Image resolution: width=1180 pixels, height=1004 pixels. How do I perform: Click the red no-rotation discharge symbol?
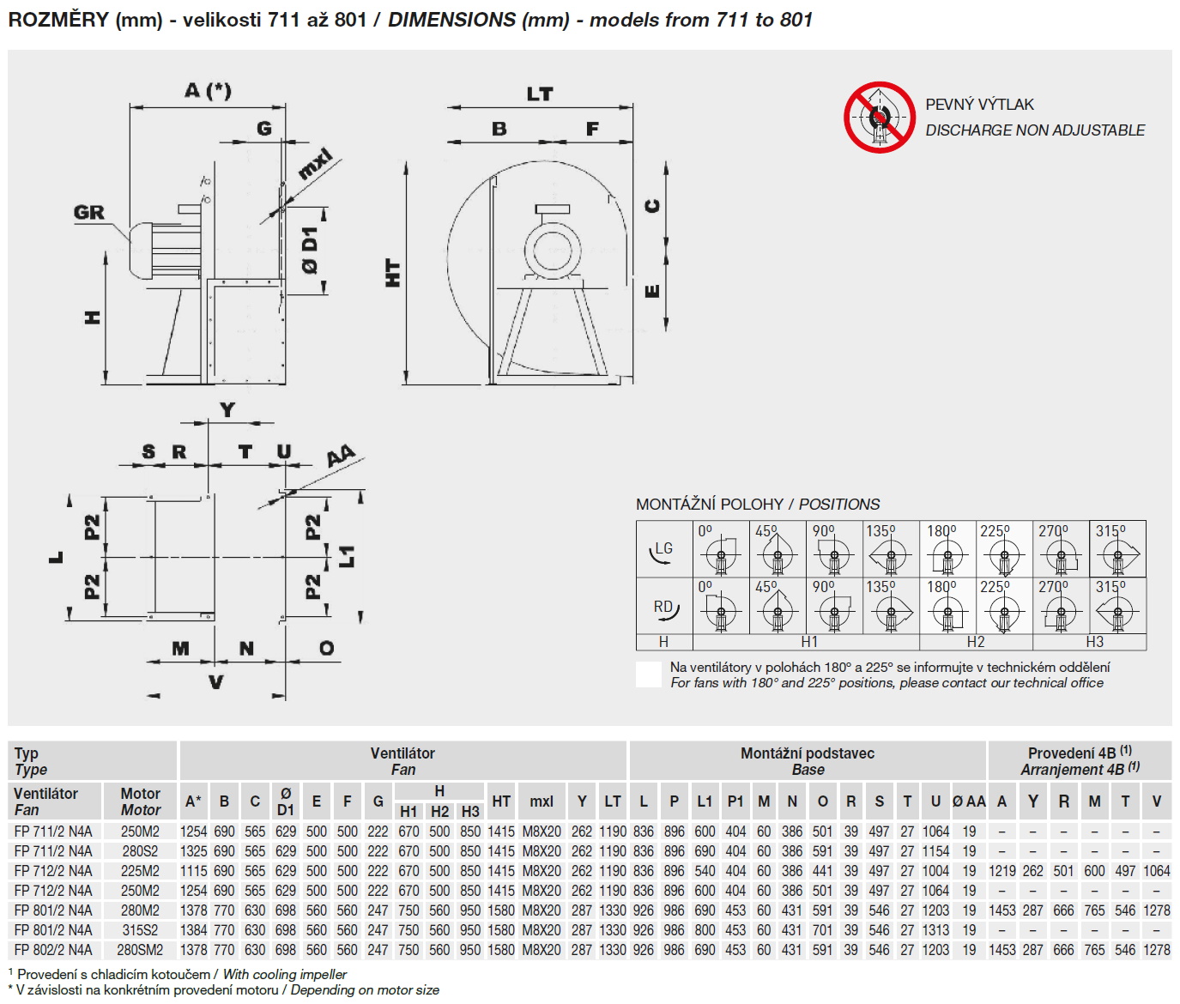[880, 118]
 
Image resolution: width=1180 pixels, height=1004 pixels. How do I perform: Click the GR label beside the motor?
[89, 212]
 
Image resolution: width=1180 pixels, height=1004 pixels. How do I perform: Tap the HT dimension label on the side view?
[393, 273]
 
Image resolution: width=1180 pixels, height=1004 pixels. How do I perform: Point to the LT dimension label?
[540, 94]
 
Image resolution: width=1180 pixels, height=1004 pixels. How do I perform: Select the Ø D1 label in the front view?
[310, 251]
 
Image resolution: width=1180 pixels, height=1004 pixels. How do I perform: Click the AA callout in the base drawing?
[341, 457]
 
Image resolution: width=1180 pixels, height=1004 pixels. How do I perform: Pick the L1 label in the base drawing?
[348, 557]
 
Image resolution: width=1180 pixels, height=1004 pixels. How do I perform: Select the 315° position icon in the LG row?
[1117, 550]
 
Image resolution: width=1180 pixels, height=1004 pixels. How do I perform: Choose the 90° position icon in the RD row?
[832, 606]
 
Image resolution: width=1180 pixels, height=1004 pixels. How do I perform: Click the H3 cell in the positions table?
[1094, 642]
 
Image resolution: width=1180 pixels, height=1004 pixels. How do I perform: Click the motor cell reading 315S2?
[140, 930]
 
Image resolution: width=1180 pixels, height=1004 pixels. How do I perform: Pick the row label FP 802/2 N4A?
[53, 950]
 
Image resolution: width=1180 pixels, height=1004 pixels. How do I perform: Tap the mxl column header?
[542, 801]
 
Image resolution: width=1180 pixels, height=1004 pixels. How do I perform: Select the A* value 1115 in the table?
[194, 871]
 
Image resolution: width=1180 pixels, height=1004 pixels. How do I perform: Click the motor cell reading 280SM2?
[140, 950]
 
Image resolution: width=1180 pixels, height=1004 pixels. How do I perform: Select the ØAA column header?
[969, 801]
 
